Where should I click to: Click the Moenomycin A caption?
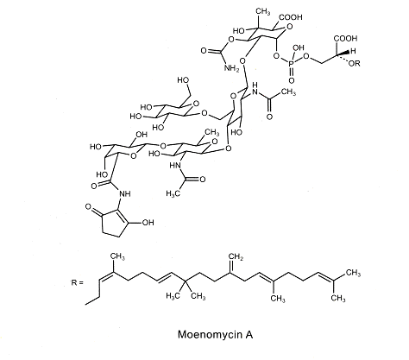pyautogui.click(x=215, y=334)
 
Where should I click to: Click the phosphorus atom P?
pyautogui.click(x=292, y=64)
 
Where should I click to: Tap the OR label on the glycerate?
pyautogui.click(x=354, y=63)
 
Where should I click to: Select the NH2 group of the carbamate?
pyautogui.click(x=231, y=68)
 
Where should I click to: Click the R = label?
pyautogui.click(x=78, y=282)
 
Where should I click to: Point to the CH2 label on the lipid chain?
pyautogui.click(x=236, y=257)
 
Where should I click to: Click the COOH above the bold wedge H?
pyautogui.click(x=346, y=38)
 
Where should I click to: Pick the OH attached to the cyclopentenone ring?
pyautogui.click(x=148, y=223)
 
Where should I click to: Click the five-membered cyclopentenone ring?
pyautogui.click(x=114, y=224)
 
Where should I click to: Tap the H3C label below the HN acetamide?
pyautogui.click(x=173, y=193)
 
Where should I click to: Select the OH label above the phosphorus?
pyautogui.click(x=299, y=47)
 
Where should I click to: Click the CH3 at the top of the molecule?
pyautogui.click(x=263, y=12)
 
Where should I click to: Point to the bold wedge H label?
pyautogui.click(x=353, y=51)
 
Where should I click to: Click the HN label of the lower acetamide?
pyautogui.click(x=175, y=166)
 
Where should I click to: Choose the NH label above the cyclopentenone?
pyautogui.click(x=125, y=193)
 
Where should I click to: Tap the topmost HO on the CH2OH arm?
pyautogui.click(x=183, y=80)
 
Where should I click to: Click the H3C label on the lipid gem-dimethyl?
pyautogui.click(x=173, y=295)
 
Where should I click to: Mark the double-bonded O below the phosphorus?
pyautogui.click(x=292, y=80)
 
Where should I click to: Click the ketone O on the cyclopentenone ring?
pyautogui.click(x=88, y=206)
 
